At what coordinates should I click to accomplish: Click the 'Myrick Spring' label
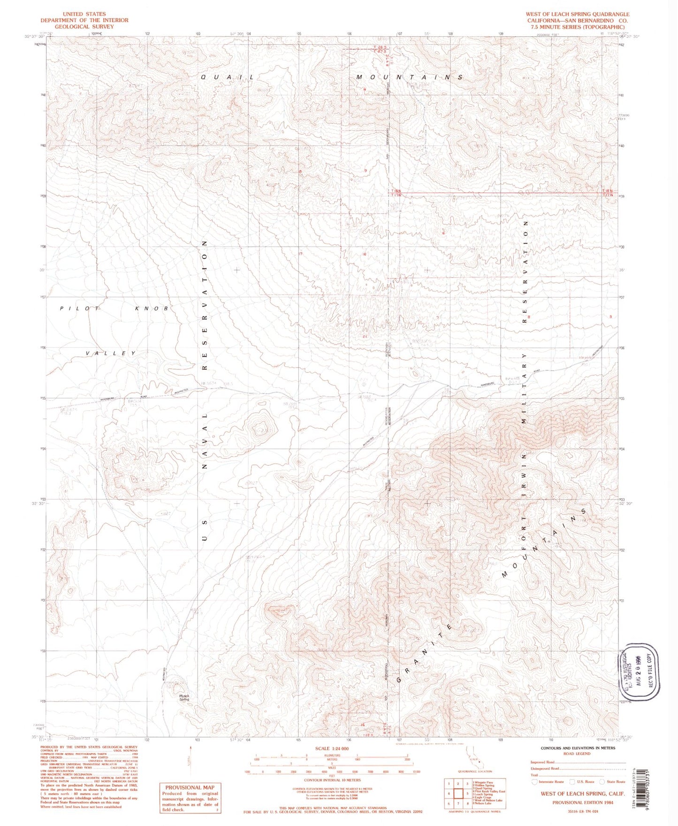[184, 697]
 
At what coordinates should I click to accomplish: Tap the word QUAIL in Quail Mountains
[228, 77]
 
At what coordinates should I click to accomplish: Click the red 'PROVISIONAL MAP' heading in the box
[190, 787]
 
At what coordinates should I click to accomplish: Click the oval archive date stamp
[640, 672]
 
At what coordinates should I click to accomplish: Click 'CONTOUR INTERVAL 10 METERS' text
[332, 780]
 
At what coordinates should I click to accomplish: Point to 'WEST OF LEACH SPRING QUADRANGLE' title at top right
[577, 15]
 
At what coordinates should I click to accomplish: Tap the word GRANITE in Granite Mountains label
[425, 653]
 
